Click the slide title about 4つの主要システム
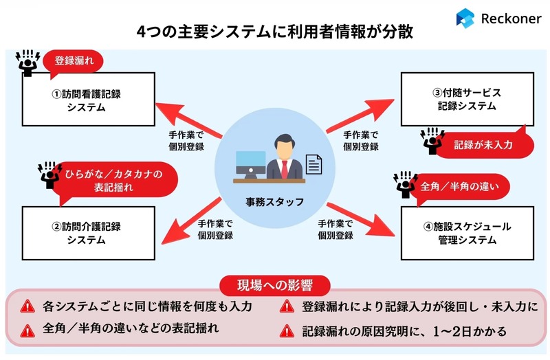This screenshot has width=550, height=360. coord(275,33)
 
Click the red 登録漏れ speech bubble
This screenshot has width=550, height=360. coord(74,62)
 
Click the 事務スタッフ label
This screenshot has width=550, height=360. coord(275,202)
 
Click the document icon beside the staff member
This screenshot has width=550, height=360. coord(313,164)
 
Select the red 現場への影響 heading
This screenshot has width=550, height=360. coord(274,285)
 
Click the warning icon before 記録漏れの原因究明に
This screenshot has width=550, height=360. coord(285,331)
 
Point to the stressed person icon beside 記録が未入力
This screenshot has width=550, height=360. coord(431,140)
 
